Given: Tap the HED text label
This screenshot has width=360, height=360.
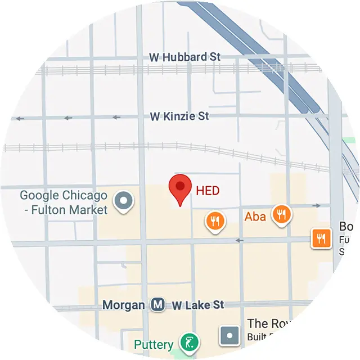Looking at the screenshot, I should (x=208, y=191).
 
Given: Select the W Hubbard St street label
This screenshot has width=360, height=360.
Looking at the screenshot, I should (x=184, y=57).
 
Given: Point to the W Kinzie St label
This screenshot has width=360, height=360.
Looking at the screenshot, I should (x=179, y=116).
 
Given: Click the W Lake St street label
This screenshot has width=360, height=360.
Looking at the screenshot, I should (x=197, y=305).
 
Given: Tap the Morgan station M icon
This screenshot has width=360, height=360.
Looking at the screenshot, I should (x=157, y=305).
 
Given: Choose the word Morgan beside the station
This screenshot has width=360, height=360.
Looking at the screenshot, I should (x=123, y=305).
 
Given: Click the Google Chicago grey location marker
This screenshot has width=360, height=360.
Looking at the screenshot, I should (x=123, y=201).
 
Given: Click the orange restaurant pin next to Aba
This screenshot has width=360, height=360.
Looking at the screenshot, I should (x=281, y=214).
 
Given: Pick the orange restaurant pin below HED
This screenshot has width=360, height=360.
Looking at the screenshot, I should (x=215, y=220).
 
